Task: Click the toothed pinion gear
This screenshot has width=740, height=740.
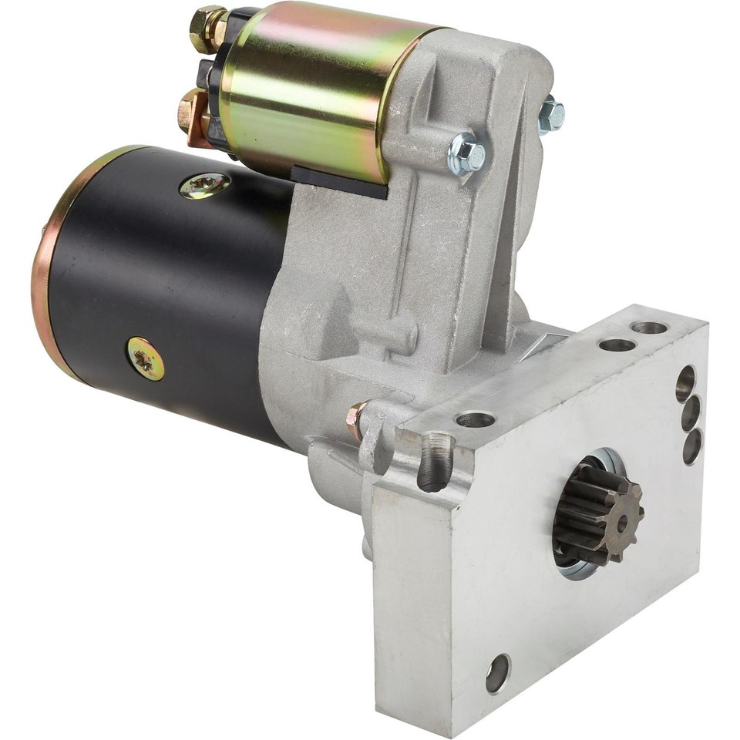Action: click(x=597, y=515)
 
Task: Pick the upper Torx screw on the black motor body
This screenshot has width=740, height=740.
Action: click(x=205, y=185)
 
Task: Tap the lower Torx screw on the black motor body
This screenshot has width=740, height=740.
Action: click(x=146, y=358)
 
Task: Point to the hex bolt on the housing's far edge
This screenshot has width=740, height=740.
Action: click(x=550, y=115)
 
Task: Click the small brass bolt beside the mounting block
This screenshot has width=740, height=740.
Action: click(x=357, y=420)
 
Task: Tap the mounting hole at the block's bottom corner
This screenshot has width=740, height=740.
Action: click(x=497, y=673)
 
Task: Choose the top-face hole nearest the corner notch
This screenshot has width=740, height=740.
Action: click(x=475, y=420)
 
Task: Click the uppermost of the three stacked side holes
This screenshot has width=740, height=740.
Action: click(x=684, y=382)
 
